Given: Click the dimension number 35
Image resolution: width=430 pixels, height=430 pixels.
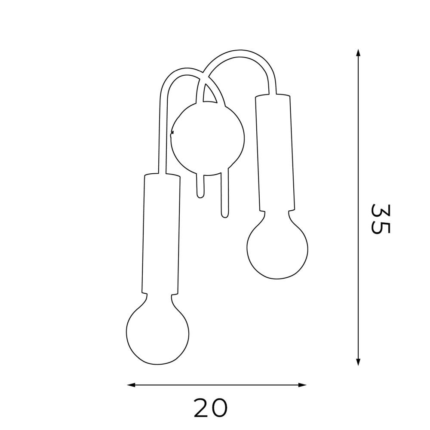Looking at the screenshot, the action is click(x=380, y=219).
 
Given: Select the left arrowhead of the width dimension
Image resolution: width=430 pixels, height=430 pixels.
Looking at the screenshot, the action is click(x=131, y=385).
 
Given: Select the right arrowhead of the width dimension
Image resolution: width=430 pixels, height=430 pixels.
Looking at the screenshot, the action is click(x=302, y=385).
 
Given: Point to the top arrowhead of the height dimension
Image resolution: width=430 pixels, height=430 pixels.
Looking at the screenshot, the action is click(x=358, y=53).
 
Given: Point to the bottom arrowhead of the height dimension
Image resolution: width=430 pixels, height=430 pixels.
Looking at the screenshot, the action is click(x=358, y=362).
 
